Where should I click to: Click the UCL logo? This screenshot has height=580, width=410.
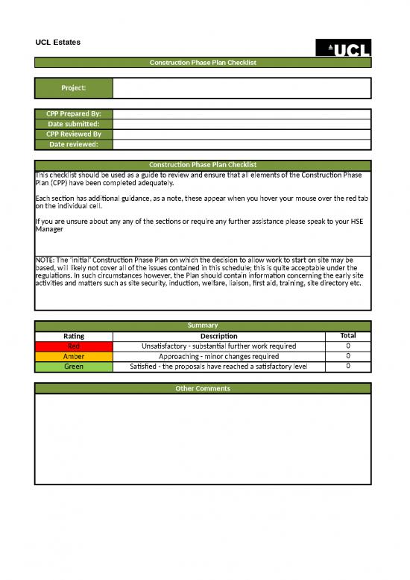pos(344,48)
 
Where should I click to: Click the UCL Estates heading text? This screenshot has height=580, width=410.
pos(58,42)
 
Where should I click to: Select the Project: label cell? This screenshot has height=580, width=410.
pos(74,88)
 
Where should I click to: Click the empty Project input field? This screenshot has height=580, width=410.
pos(242,88)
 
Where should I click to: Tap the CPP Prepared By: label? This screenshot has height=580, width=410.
pos(74,113)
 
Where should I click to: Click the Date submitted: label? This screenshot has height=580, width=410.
pos(74,124)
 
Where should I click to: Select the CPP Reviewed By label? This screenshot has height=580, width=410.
pos(74,134)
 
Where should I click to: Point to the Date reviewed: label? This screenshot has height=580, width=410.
pos(74,145)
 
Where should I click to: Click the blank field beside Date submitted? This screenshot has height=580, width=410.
pos(242,124)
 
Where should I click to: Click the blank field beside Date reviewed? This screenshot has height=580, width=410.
pos(242,145)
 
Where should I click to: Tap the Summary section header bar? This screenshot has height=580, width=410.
pos(203,325)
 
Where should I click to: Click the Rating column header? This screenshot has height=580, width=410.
pos(74,336)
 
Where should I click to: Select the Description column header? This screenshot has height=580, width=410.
pos(218,336)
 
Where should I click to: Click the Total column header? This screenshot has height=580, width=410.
pos(348,336)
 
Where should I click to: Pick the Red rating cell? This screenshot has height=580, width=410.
pos(74,346)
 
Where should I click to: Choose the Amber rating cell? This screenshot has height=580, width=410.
pos(74,357)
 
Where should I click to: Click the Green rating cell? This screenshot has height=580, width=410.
pos(74,367)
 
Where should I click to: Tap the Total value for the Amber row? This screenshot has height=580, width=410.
pos(348,357)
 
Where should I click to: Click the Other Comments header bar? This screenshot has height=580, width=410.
pos(203,388)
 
